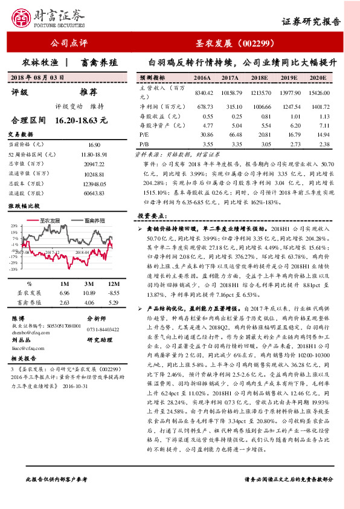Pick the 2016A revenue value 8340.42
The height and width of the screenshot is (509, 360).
pos(204,92)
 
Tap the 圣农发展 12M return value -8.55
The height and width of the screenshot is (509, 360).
pos(111,293)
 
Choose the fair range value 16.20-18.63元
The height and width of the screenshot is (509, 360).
pos(80,121)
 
